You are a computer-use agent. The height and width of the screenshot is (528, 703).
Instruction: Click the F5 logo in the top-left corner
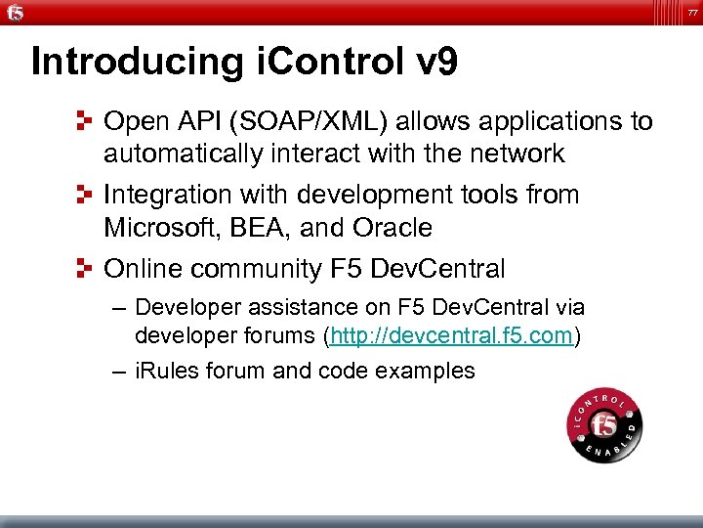17,13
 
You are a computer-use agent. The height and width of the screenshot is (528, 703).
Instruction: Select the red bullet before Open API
86,122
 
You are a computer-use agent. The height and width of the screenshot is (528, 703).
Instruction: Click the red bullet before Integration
86,196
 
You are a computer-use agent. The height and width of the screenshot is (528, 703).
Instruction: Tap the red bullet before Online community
86,269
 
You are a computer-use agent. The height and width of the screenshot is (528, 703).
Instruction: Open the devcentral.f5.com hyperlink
453,337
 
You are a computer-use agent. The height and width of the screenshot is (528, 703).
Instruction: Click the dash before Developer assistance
118,309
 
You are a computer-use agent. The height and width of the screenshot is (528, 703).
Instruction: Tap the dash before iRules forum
118,372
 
